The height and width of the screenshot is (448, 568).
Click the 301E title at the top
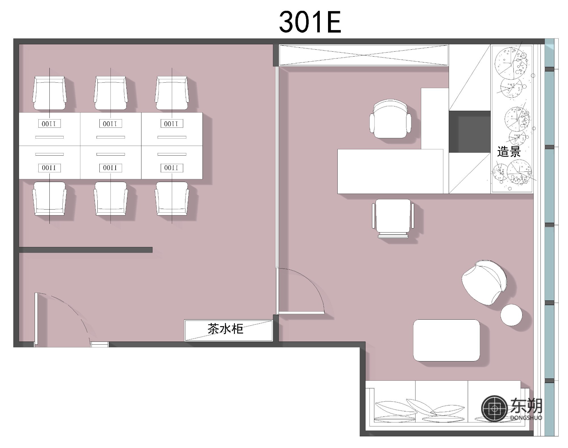[310, 22]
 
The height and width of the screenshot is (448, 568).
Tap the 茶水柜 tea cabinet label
[225, 329]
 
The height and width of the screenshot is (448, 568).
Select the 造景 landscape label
[509, 152]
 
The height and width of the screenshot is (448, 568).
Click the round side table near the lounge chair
[511, 315]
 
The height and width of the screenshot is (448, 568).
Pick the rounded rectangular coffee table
[446, 340]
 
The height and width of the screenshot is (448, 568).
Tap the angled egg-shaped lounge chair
[484, 282]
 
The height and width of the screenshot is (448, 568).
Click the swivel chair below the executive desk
[393, 218]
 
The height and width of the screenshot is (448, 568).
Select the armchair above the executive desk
[390, 119]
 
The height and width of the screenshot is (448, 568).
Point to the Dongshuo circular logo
[494, 409]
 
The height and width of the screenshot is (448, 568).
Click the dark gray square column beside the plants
[470, 131]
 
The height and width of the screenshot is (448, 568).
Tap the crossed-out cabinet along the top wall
[364, 55]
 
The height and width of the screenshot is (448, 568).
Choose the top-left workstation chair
[49, 93]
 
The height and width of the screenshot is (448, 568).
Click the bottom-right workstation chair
[172, 198]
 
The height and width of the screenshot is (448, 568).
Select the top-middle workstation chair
[111, 93]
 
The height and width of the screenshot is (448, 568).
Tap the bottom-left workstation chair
[49, 198]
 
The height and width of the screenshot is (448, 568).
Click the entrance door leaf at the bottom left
[36, 320]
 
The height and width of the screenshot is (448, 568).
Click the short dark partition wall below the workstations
[85, 250]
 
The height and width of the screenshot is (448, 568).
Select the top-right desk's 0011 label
[172, 123]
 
